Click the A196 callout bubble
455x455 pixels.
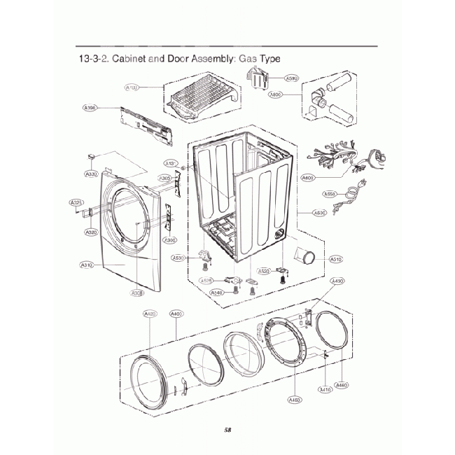pos(90,108)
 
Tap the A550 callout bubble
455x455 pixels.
pos(330,194)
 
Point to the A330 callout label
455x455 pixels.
pos(92,174)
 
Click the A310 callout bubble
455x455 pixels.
pos(87,265)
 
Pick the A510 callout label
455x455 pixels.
pos(335,259)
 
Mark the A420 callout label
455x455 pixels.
pos(150,314)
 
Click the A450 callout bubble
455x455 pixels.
pos(295,400)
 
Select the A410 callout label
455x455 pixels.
pos(325,390)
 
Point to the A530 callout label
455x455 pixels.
pos(178,258)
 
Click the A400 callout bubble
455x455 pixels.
pos(176,314)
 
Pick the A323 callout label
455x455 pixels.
pos(76,203)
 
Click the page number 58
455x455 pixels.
pos(227,429)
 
